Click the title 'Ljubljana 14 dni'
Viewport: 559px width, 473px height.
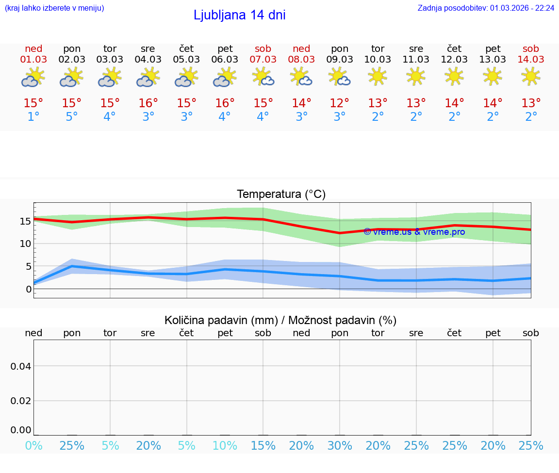pyautogui.click(x=239, y=15)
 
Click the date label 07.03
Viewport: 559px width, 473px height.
pyautogui.click(x=263, y=60)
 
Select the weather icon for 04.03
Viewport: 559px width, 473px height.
pyautogui.click(x=148, y=77)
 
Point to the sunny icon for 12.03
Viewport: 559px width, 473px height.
pyautogui.click(x=454, y=76)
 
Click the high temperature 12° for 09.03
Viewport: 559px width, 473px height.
pyautogui.click(x=340, y=103)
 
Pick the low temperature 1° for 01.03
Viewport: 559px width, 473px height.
pyautogui.click(x=33, y=117)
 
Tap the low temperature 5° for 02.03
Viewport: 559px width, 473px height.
pyautogui.click(x=72, y=117)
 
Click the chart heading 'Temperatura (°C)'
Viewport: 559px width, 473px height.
pyautogui.click(x=281, y=195)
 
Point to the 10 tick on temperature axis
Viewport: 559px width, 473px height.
pyautogui.click(x=25, y=244)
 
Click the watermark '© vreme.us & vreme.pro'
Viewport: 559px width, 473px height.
pyautogui.click(x=414, y=232)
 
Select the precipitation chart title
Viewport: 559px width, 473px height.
pyautogui.click(x=280, y=320)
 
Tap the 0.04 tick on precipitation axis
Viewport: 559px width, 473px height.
pyautogui.click(x=21, y=366)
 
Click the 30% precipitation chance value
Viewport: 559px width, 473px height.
pyautogui.click(x=340, y=446)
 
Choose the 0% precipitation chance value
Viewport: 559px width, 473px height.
pyautogui.click(x=33, y=446)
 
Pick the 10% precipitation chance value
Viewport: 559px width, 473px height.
pyautogui.click(x=225, y=446)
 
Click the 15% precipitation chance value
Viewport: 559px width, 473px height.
pyautogui.click(x=263, y=446)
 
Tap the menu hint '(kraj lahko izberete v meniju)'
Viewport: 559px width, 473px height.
pyautogui.click(x=54, y=8)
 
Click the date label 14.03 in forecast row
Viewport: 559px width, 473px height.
pyautogui.click(x=531, y=60)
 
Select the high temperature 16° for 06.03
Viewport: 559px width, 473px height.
pyautogui.click(x=225, y=103)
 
